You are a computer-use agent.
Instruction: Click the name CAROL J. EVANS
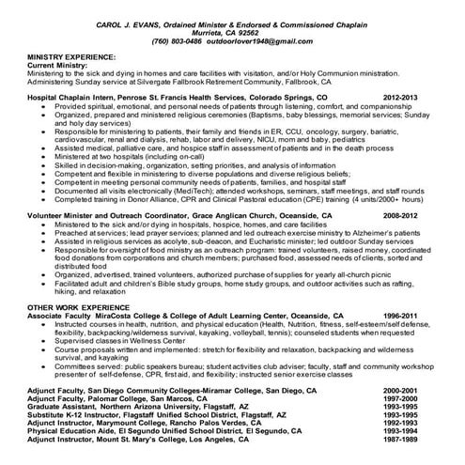[x=127, y=23]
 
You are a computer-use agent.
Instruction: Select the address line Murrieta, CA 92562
[x=233, y=32]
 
